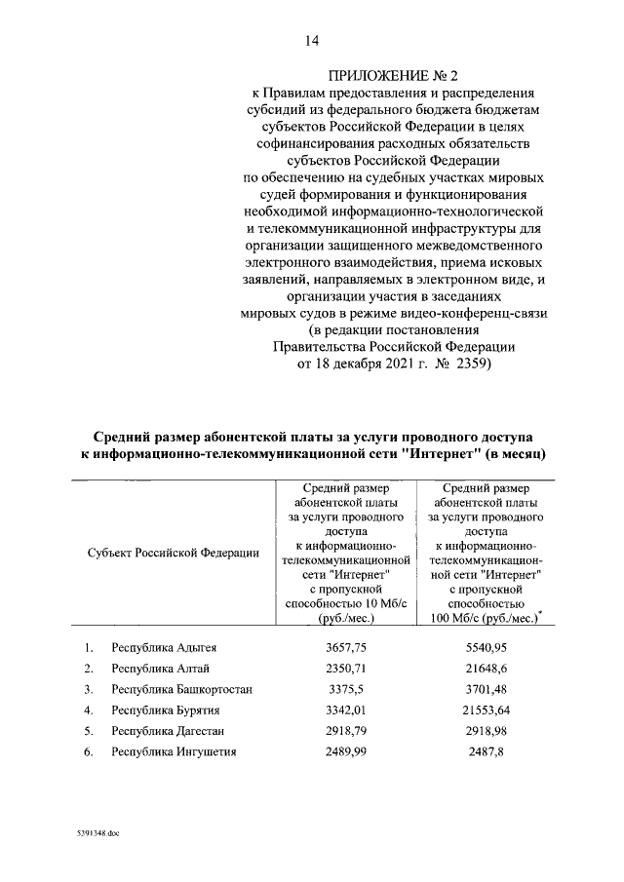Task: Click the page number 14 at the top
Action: pos(312,40)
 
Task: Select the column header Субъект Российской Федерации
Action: pos(173,553)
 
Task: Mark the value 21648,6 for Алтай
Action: pos(485,668)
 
